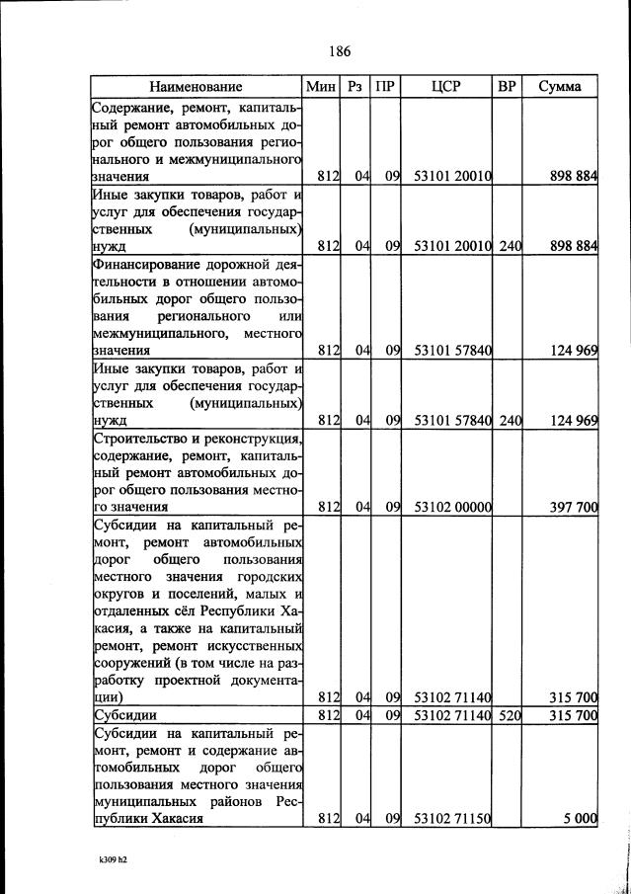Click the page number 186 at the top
coord(338,50)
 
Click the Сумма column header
coord(560,87)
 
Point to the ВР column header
coord(507,87)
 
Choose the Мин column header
coord(322,87)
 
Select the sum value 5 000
coord(581,818)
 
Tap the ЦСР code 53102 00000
coord(453,507)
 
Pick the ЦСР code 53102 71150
coord(453,818)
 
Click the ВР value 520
coord(510,714)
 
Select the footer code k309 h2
coord(101,859)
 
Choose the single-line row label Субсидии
coord(124,714)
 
